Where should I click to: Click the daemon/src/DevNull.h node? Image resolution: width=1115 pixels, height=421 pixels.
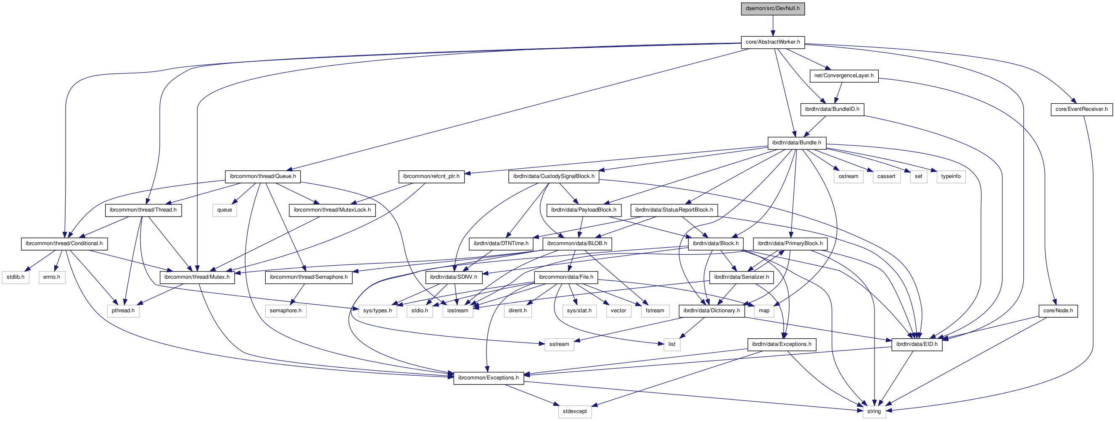[x=773, y=9]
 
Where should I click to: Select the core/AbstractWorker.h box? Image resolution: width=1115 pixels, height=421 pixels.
[x=773, y=42]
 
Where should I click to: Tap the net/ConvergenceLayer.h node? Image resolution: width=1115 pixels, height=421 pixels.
[x=844, y=76]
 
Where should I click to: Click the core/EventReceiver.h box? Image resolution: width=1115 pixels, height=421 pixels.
[x=1081, y=110]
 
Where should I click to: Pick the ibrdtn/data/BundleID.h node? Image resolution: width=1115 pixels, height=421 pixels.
[x=832, y=110]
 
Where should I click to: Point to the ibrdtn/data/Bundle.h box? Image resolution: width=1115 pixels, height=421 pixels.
[x=796, y=143]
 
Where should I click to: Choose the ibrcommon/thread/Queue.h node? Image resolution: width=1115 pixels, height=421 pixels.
[x=263, y=176]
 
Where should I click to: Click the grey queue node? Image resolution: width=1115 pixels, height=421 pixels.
[x=225, y=210]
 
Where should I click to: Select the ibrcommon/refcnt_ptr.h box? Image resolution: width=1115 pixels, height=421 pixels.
[x=431, y=176]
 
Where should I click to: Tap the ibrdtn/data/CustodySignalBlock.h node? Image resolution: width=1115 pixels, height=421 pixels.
[x=554, y=176]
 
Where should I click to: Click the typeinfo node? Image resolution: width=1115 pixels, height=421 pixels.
[x=951, y=176]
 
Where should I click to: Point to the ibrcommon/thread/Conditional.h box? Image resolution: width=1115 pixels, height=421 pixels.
[x=64, y=244]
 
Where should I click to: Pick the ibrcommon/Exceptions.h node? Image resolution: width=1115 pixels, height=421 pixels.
[x=488, y=378]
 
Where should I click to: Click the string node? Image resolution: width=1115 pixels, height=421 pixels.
[x=874, y=411]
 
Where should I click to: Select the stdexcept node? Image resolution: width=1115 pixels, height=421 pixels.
[x=575, y=411]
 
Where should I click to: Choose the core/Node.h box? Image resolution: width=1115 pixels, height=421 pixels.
[x=1058, y=311]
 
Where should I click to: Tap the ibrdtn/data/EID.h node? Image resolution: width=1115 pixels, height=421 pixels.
[x=917, y=345]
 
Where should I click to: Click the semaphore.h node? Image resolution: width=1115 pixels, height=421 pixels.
[x=285, y=311]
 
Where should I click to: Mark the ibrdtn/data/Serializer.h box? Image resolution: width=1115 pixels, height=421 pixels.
[x=742, y=277]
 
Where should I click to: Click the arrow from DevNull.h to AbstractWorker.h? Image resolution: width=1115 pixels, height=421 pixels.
[x=773, y=26]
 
